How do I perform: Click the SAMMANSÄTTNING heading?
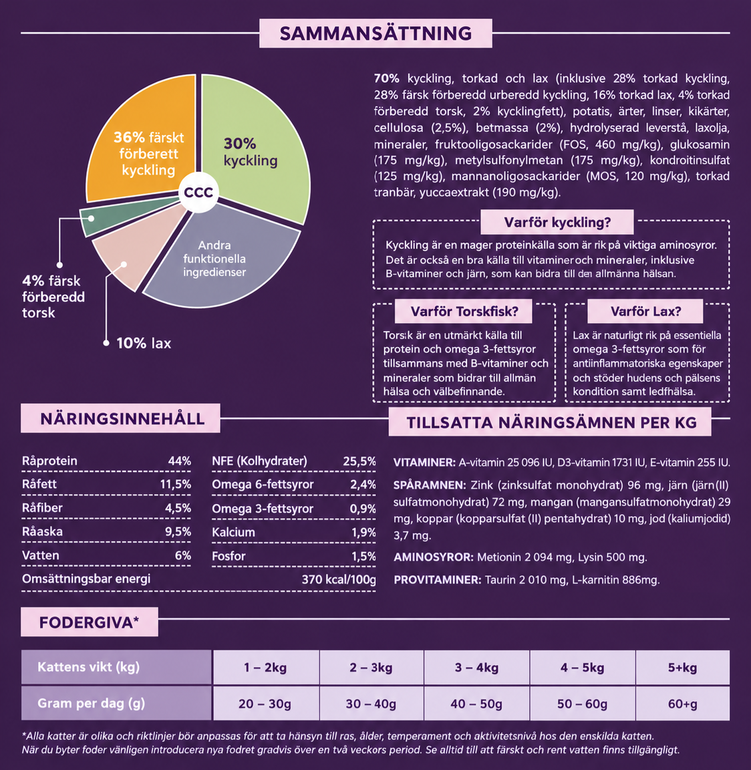pos(375,33)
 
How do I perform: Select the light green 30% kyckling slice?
pos(255,147)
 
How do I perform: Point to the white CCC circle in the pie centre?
pos(198,192)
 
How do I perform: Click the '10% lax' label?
pos(144,344)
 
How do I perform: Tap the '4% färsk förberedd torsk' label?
pos(53,297)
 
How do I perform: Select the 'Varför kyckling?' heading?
pos(557,223)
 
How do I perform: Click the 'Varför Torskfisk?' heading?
pos(464,311)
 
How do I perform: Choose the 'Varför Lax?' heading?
pos(645,311)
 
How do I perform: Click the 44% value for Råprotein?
pos(180,461)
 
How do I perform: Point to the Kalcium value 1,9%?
pos(363,532)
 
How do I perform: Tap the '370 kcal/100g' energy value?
pos(339,580)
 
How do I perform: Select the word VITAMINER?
pos(424,463)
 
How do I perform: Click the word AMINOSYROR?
pos(434,557)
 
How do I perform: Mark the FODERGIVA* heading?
pos(90,623)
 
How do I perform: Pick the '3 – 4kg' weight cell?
pos(476,668)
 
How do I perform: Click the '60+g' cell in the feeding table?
pos(682,704)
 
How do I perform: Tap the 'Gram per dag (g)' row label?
pos(92,703)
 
